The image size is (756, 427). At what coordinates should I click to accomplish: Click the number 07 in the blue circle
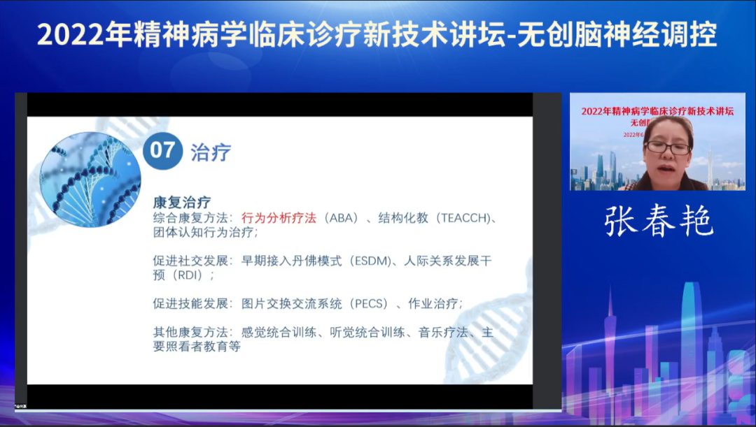pyautogui.click(x=162, y=150)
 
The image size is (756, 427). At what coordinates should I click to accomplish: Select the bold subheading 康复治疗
pyautogui.click(x=182, y=203)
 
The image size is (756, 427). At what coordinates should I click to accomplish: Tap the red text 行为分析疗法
pyautogui.click(x=278, y=218)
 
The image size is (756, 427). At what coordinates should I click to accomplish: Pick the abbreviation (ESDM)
pyautogui.click(x=372, y=261)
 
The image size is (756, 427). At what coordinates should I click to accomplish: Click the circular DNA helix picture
pyautogui.click(x=90, y=179)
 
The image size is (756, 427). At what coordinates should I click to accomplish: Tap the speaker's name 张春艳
pyautogui.click(x=658, y=221)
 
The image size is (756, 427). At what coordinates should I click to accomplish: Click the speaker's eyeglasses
pyautogui.click(x=668, y=147)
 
